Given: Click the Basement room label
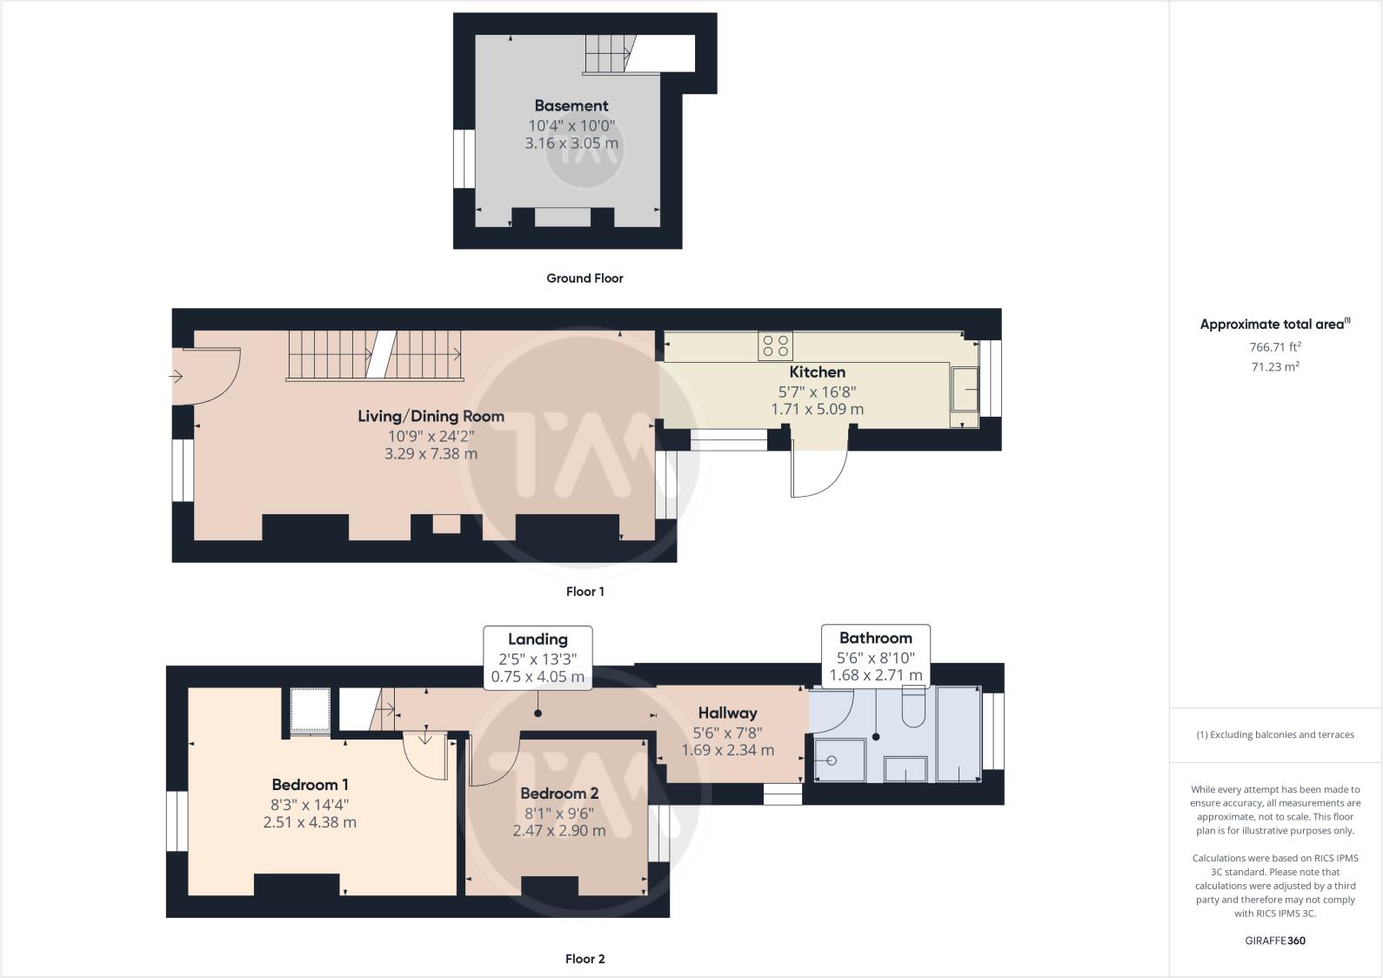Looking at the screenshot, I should (571, 105).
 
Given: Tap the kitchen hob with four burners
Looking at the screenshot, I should (775, 346).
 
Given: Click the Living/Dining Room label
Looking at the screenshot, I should (431, 416).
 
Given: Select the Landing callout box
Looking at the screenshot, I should (538, 658).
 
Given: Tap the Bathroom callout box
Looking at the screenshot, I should (875, 656).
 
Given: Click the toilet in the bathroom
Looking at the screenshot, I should (913, 707).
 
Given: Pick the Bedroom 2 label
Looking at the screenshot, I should (558, 793).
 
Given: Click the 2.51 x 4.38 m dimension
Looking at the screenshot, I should (310, 822).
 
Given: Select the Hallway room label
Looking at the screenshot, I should (727, 713).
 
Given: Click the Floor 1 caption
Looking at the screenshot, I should (585, 592).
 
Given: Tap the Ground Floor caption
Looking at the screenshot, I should (585, 278).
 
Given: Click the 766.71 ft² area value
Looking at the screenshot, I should (1274, 346).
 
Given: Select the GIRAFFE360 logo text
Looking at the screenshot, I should (1274, 941).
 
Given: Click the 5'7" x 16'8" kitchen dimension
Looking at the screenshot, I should (817, 392).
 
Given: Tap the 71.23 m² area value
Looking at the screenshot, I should (1274, 367).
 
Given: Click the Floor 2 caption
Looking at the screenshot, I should (585, 959).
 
